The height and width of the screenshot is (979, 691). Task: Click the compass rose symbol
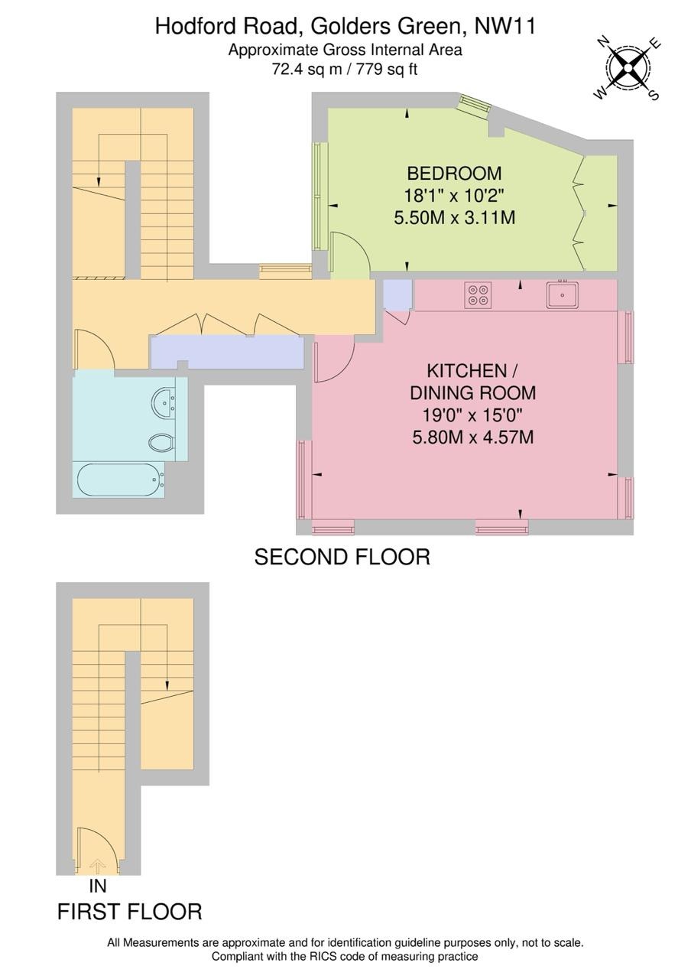pyautogui.click(x=628, y=69)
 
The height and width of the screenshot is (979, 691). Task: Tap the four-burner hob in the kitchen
pyautogui.click(x=479, y=294)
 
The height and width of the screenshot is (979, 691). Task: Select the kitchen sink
pyautogui.click(x=562, y=295)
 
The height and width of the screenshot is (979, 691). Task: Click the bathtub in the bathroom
pyautogui.click(x=119, y=480)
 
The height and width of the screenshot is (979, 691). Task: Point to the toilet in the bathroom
pyautogui.click(x=161, y=443)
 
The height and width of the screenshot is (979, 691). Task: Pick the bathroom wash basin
pyautogui.click(x=164, y=402)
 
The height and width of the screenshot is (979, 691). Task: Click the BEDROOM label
pyautogui.click(x=454, y=173)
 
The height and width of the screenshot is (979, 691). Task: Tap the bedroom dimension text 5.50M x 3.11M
pyautogui.click(x=454, y=218)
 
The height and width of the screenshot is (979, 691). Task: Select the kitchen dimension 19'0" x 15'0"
pyautogui.click(x=472, y=416)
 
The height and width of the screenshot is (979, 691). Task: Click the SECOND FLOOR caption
pyautogui.click(x=342, y=557)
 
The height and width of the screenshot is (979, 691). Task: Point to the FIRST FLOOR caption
pyautogui.click(x=130, y=912)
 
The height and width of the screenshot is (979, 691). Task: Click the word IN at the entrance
pyautogui.click(x=97, y=886)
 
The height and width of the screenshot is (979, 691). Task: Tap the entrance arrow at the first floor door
pyautogui.click(x=97, y=865)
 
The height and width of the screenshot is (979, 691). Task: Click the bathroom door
pyautogui.click(x=95, y=350)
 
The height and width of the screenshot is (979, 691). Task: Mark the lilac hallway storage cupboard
pyautogui.click(x=226, y=352)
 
